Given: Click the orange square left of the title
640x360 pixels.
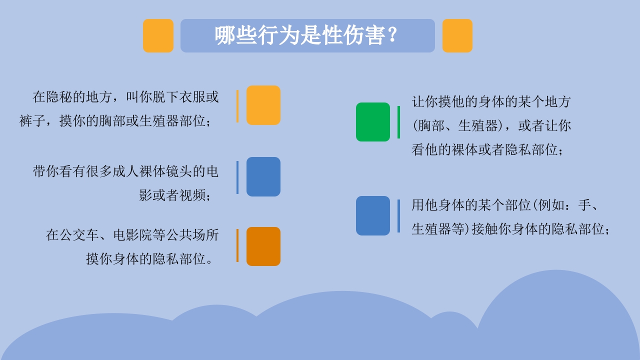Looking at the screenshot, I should pos(158,35).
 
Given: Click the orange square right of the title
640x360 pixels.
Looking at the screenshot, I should pos(457,35).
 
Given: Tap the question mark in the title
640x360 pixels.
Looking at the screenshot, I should pos(392,35).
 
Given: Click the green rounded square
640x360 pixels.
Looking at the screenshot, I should pos(372,122).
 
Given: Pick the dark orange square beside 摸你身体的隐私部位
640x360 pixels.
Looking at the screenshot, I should pos(263,246).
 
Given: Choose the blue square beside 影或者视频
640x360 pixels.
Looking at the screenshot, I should pos(263,176).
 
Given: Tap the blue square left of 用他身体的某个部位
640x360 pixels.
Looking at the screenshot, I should pos(372,215).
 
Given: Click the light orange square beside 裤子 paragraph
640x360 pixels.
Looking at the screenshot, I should pos(263,105).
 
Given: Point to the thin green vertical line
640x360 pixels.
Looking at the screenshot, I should pos(398,122).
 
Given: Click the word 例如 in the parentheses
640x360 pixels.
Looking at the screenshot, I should pos(551,205).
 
